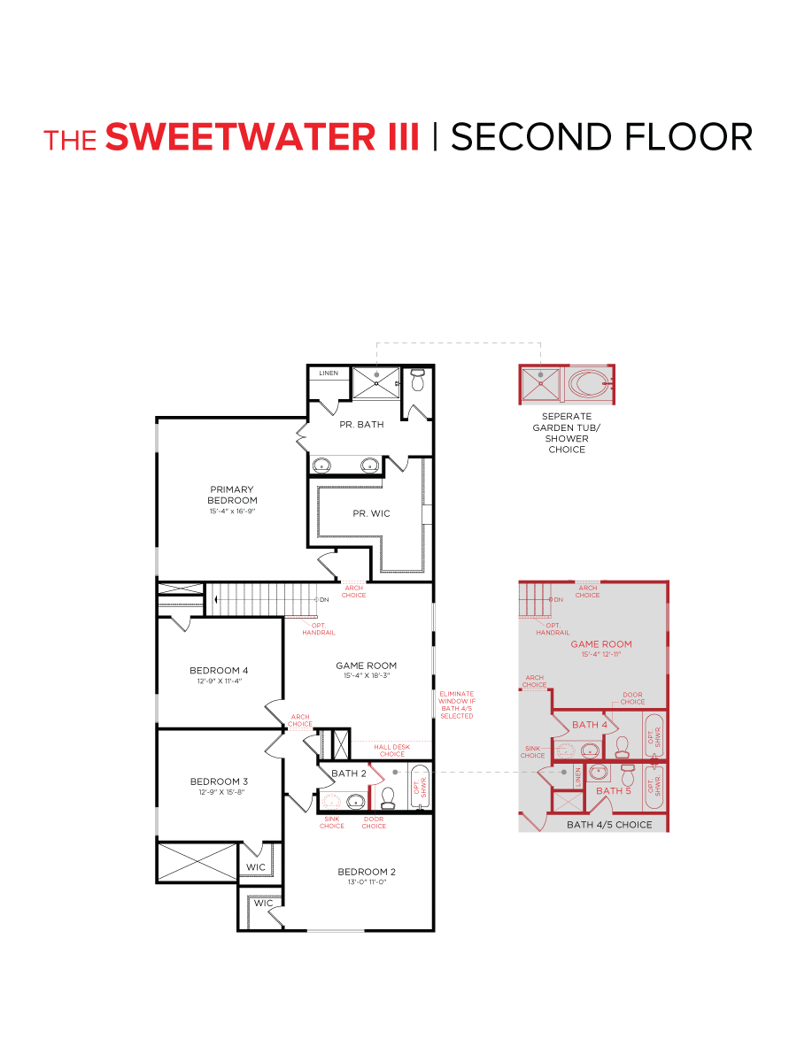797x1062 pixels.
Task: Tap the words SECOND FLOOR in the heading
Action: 602,137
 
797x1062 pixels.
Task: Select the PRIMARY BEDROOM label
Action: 232,495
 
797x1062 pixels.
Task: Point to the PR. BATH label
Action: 361,425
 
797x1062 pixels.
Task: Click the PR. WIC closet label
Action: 371,513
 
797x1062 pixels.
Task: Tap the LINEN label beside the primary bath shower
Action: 329,373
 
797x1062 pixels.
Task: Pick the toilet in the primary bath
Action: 418,382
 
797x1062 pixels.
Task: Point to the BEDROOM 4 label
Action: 219,670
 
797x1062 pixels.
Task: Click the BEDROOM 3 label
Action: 219,781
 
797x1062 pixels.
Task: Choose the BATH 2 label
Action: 348,773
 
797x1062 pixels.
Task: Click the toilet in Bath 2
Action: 387,799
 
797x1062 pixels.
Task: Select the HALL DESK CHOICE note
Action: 391,750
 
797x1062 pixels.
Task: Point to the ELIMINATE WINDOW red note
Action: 456,704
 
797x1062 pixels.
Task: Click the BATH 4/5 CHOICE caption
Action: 609,825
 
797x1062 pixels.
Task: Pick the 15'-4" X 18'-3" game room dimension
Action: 366,675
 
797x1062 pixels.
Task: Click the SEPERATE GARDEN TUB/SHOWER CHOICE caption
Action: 567,433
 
